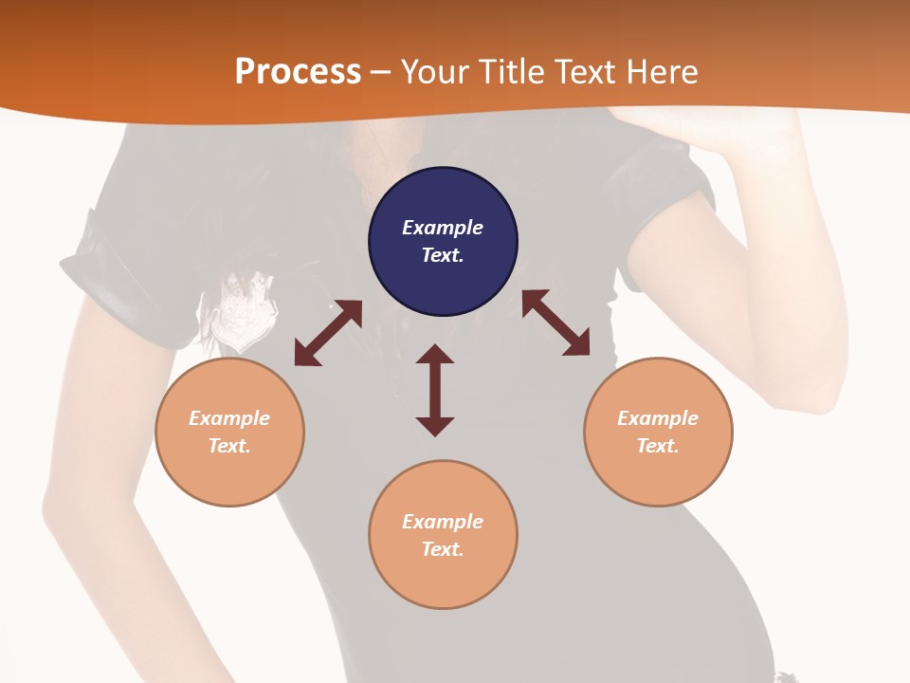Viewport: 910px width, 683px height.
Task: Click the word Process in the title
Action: [x=298, y=72]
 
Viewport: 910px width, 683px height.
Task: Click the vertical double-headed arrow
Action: [x=435, y=390]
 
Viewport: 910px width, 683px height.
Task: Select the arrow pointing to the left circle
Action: [x=328, y=333]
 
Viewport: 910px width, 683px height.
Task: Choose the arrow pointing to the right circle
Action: [x=555, y=323]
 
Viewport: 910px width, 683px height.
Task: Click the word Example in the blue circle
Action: [x=443, y=228]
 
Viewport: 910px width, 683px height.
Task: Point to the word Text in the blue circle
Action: [x=443, y=255]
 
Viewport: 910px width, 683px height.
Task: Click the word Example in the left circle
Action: [x=229, y=418]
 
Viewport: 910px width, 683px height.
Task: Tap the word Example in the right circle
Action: [x=658, y=418]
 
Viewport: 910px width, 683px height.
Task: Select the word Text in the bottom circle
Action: [x=443, y=549]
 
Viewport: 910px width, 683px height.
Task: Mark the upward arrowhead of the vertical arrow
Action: [x=435, y=355]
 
